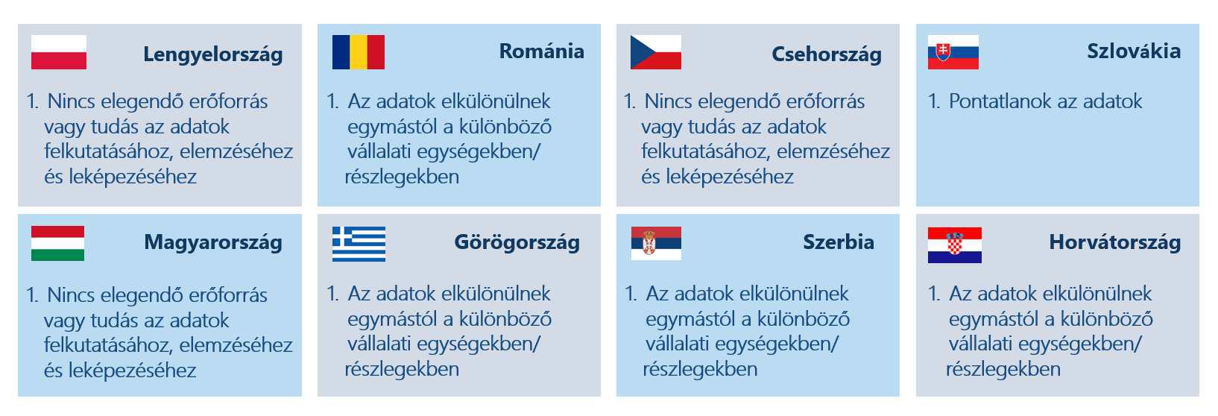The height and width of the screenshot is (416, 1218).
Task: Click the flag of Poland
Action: click(59, 52)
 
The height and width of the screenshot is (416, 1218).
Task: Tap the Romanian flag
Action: click(359, 52)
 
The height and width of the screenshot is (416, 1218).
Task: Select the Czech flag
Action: click(656, 52)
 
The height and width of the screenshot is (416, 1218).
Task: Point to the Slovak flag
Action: click(953, 52)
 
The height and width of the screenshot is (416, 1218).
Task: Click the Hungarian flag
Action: click(57, 244)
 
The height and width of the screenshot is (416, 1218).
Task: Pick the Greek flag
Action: click(359, 245)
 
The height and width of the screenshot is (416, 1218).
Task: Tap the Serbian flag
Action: click(656, 243)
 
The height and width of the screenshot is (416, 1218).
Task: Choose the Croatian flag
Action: click(955, 245)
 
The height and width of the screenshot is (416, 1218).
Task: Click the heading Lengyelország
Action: click(213, 55)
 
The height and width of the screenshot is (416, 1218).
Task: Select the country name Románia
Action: click(542, 51)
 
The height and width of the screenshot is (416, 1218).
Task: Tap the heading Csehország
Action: click(827, 55)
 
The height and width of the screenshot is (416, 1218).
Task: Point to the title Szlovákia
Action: click(1134, 51)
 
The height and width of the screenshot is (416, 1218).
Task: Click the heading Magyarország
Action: click(213, 242)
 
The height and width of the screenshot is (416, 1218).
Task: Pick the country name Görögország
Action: click(517, 242)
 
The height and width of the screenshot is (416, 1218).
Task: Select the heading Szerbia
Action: click(839, 242)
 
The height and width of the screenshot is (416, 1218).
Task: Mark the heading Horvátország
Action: click(1114, 242)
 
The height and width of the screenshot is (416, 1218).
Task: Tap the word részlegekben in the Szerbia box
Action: click(700, 369)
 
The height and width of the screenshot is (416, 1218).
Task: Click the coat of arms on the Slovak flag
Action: click(944, 52)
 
